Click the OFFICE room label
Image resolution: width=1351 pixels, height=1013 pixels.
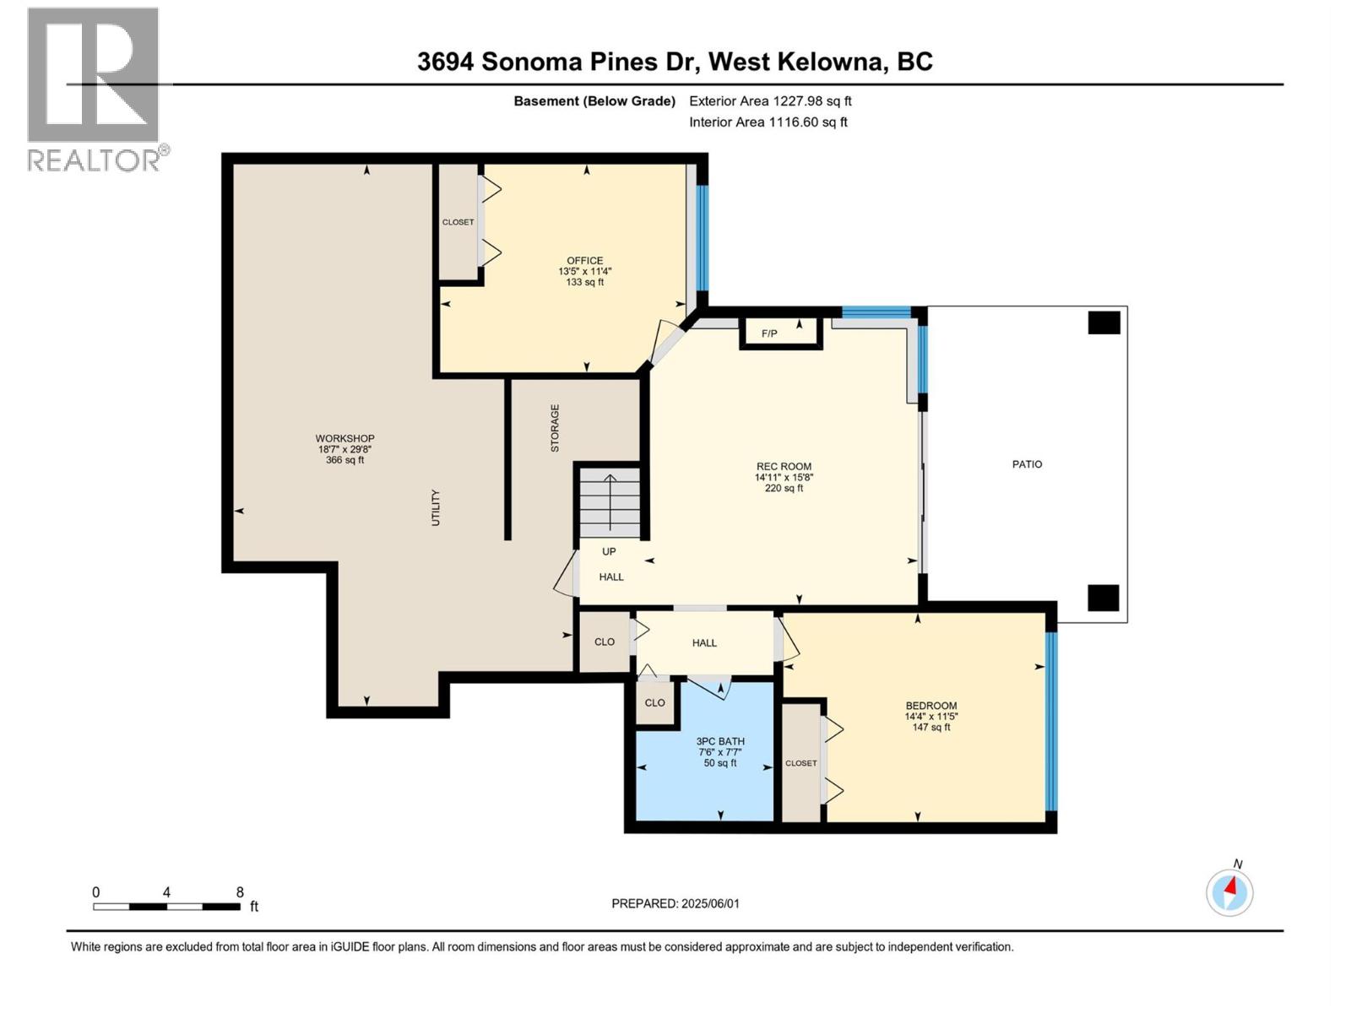pyautogui.click(x=584, y=261)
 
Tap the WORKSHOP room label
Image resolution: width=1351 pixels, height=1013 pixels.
pyautogui.click(x=345, y=438)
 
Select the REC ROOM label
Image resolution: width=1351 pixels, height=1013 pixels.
pyautogui.click(x=784, y=467)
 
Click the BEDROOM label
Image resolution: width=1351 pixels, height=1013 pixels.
pyautogui.click(x=931, y=706)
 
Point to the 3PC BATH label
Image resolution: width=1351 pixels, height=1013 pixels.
pyautogui.click(x=720, y=741)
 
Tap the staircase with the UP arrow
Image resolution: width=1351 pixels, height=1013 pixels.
pyautogui.click(x=609, y=504)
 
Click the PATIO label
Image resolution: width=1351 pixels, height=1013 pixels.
pyautogui.click(x=1027, y=464)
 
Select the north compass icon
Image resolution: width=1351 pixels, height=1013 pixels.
pyautogui.click(x=1229, y=891)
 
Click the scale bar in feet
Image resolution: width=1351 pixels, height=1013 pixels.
pyautogui.click(x=166, y=906)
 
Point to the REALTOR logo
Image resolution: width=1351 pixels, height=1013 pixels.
pyautogui.click(x=94, y=89)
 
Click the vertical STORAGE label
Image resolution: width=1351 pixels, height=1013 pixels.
pyautogui.click(x=555, y=428)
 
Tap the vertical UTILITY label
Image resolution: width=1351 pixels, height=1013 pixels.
pyautogui.click(x=436, y=507)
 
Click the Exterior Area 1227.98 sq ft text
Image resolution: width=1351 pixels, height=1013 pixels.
pyautogui.click(x=770, y=101)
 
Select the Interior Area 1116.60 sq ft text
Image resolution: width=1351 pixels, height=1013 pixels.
pyautogui.click(x=768, y=122)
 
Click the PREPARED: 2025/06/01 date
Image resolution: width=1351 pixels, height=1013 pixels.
pyautogui.click(x=675, y=903)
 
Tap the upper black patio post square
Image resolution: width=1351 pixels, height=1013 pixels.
pyautogui.click(x=1103, y=322)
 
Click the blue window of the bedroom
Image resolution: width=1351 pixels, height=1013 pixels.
pyautogui.click(x=1050, y=721)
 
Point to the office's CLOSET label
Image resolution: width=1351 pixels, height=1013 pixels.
pyautogui.click(x=458, y=222)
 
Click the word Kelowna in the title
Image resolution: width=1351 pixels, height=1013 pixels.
pyautogui.click(x=831, y=62)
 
